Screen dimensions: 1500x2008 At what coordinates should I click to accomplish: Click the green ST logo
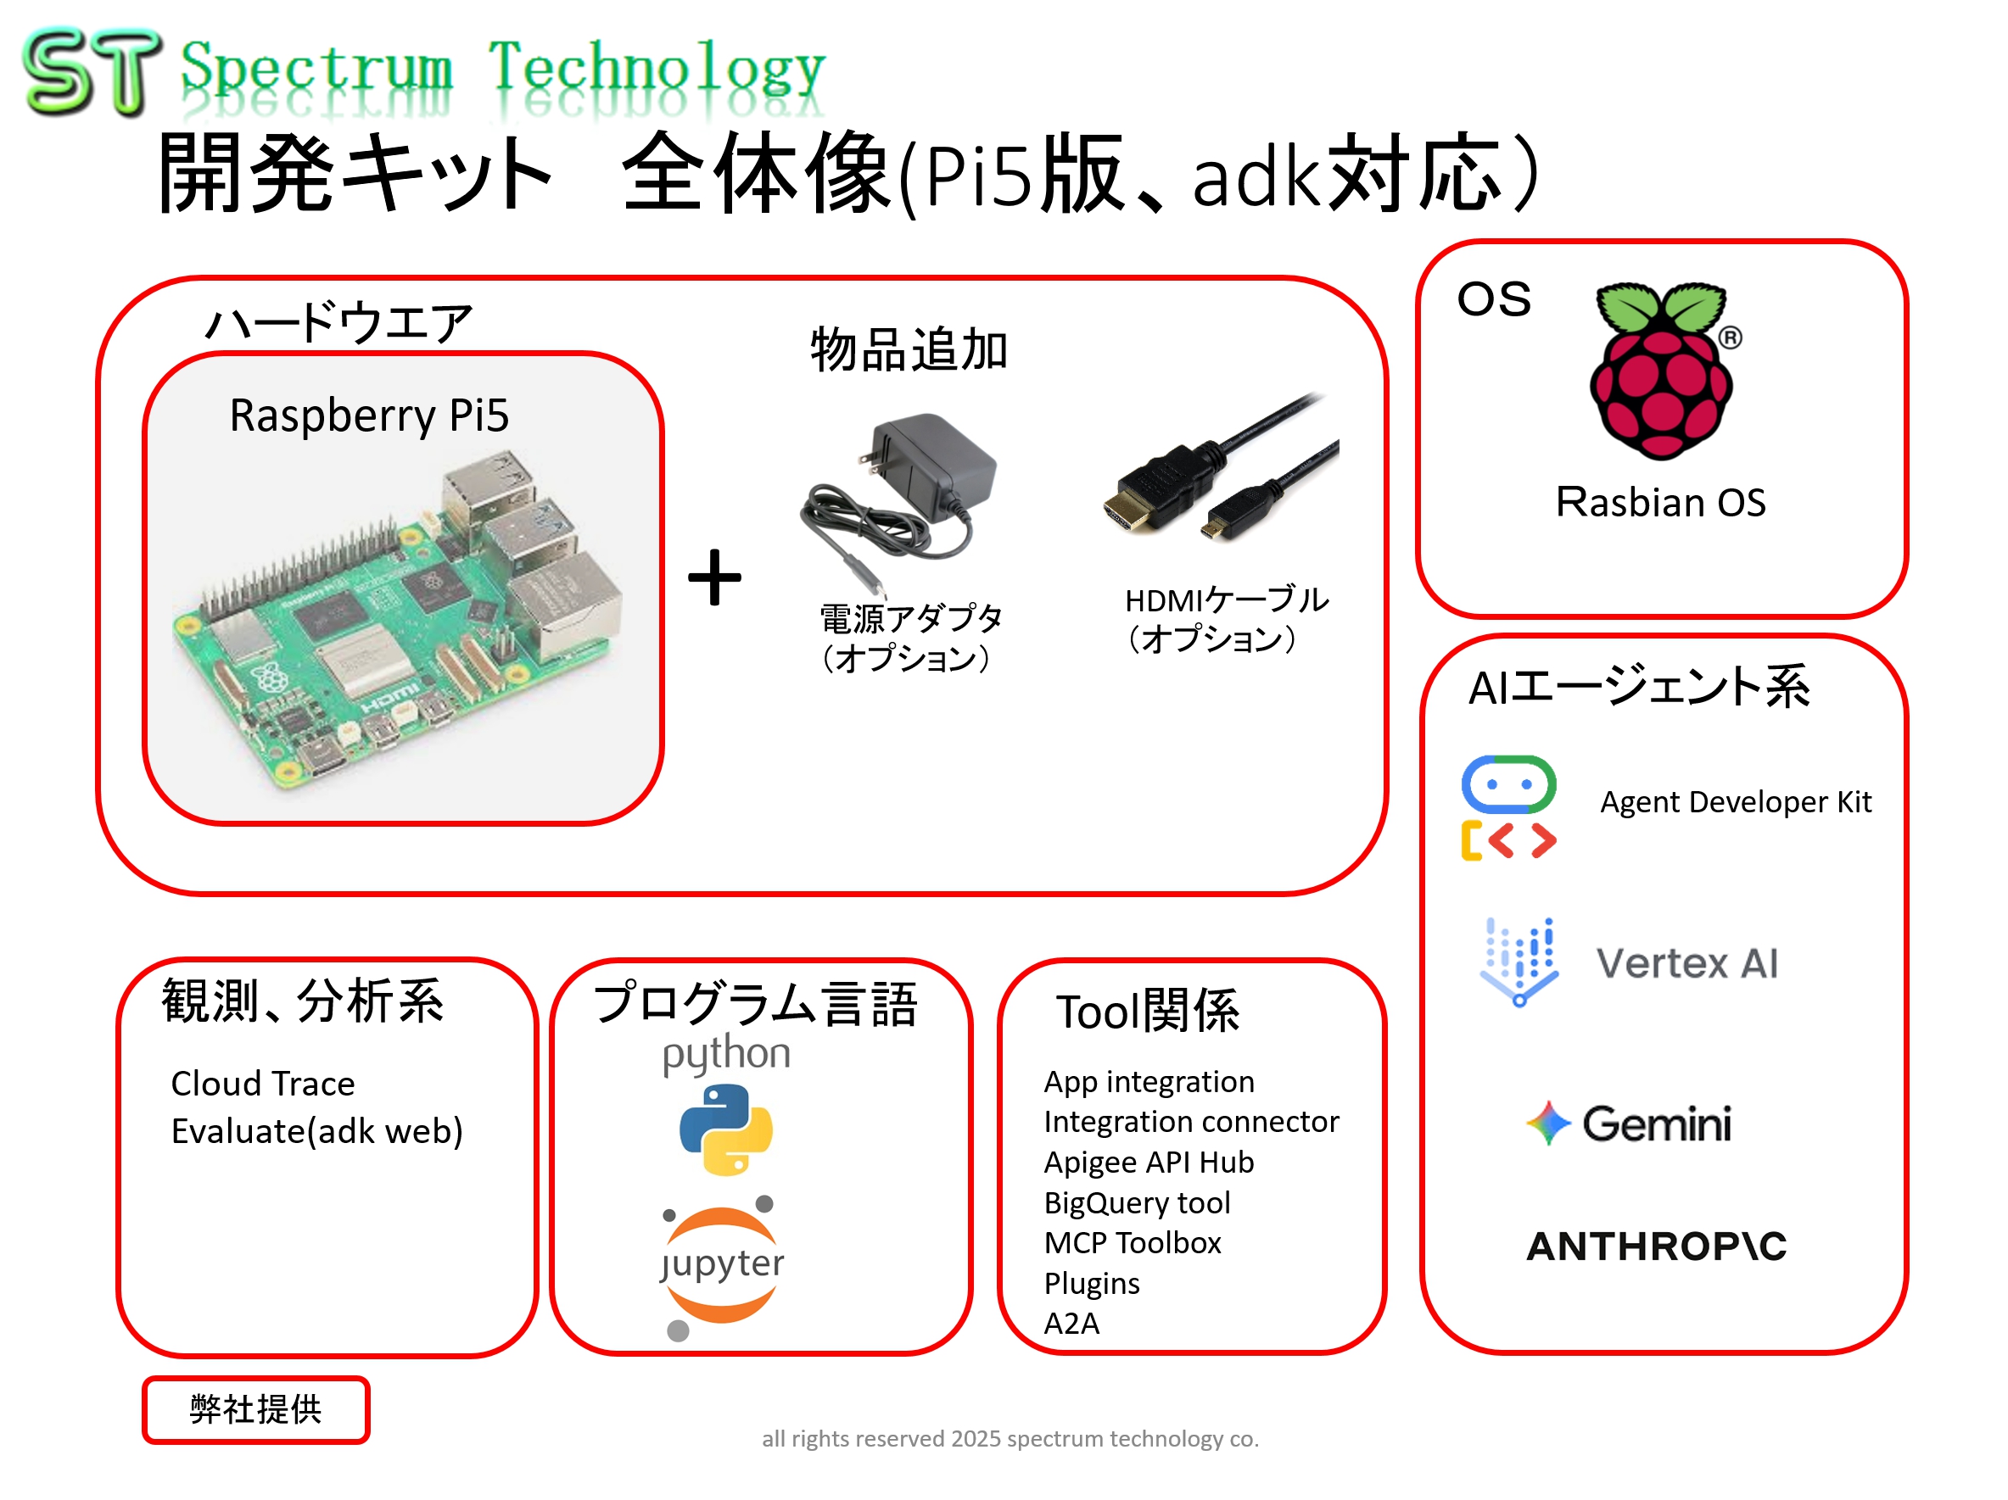tap(91, 73)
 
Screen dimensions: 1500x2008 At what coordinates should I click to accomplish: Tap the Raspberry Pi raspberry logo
tap(1660, 371)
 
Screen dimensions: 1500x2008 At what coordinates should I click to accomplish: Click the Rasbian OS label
tap(1660, 502)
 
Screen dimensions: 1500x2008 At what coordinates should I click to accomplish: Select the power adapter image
tap(898, 494)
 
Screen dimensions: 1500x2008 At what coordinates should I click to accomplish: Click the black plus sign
tap(714, 577)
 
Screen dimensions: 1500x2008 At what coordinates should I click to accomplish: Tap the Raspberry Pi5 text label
tap(368, 415)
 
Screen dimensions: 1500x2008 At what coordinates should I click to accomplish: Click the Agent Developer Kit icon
tap(1507, 806)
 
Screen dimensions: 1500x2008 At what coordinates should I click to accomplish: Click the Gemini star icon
tap(1547, 1123)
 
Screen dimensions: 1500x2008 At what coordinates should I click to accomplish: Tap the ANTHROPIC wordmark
tap(1656, 1246)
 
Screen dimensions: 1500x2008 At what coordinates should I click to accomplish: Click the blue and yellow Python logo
tap(725, 1129)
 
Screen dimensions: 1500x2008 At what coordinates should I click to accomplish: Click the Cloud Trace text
tap(262, 1084)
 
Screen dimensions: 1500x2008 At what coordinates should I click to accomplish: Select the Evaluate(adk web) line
tap(316, 1132)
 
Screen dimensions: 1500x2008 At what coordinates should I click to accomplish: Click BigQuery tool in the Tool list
tap(1137, 1202)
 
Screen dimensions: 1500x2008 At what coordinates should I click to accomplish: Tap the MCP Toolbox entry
tap(1132, 1242)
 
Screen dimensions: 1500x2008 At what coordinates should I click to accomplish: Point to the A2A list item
tap(1071, 1323)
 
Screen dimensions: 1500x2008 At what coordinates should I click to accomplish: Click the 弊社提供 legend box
tap(255, 1409)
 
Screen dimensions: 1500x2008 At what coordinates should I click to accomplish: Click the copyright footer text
tap(1010, 1438)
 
